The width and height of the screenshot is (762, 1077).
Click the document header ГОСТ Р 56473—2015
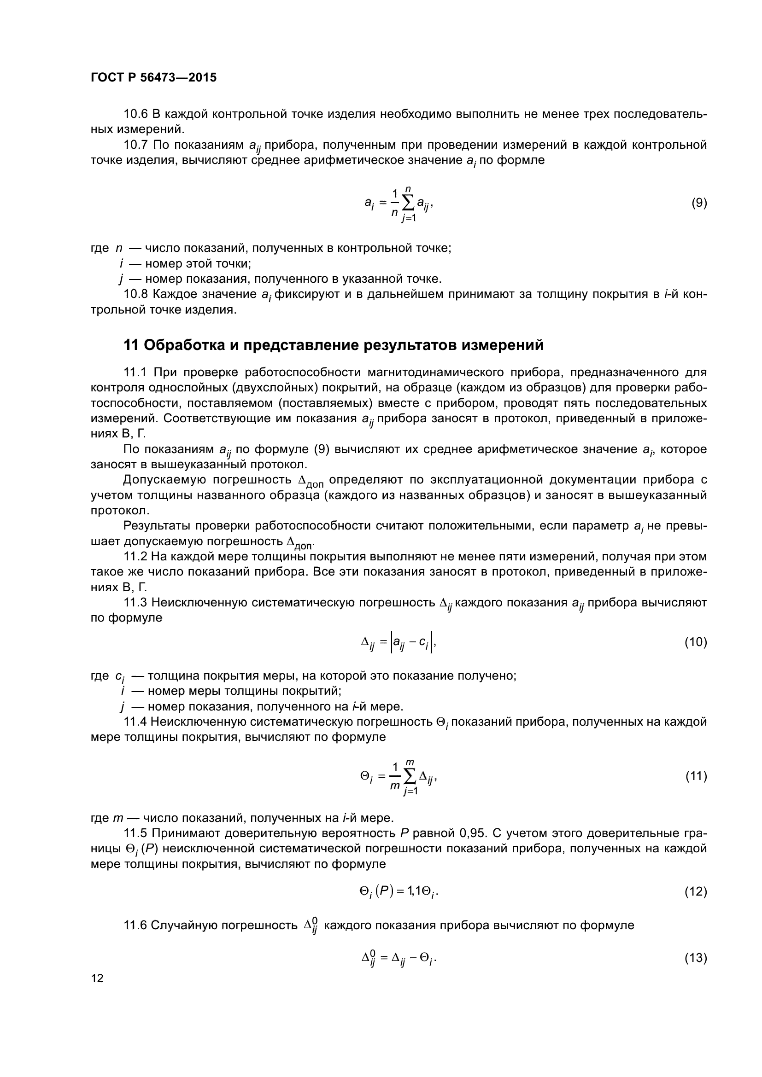click(x=153, y=78)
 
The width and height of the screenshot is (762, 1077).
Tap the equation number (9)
click(x=699, y=203)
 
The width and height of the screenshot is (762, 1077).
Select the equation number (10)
click(x=696, y=642)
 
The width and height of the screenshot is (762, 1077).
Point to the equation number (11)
click(x=696, y=776)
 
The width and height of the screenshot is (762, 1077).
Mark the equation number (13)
click(x=696, y=957)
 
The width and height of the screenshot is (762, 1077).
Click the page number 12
click(x=97, y=978)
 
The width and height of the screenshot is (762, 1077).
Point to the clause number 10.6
click(x=135, y=114)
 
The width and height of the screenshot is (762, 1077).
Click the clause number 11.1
click(x=135, y=373)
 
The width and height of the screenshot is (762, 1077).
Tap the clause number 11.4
click(x=135, y=722)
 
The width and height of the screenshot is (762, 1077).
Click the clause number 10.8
click(x=135, y=294)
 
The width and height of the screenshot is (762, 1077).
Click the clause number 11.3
click(x=135, y=602)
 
